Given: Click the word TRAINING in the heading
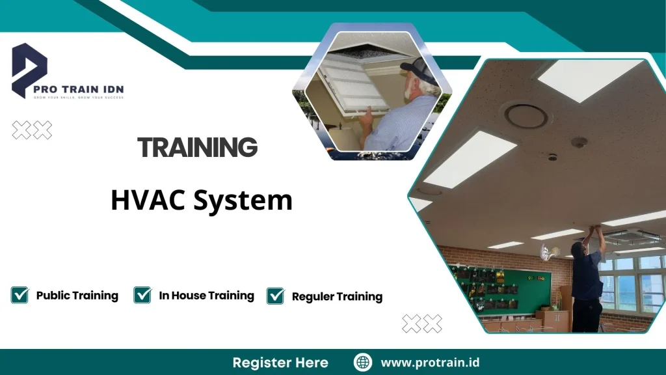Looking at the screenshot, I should point(197,148).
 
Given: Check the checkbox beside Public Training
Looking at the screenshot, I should point(20,295).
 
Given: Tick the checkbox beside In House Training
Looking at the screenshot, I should point(142,295).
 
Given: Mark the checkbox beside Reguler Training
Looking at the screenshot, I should point(276,296).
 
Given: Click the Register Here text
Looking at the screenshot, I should point(280,363).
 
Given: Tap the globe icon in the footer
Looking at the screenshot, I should point(363,363).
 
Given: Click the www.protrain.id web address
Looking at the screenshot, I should point(430,363).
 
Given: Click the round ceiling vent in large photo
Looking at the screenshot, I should point(525,116).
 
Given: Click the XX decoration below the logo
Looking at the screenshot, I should point(32,130).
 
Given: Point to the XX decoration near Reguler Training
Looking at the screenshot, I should point(421,323).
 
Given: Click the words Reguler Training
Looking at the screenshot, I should point(337,296).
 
